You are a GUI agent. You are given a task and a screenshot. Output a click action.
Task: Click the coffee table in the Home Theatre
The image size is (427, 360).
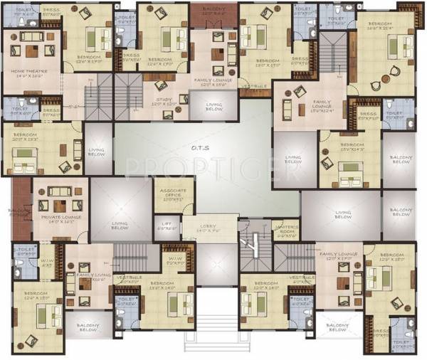point(31,51)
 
